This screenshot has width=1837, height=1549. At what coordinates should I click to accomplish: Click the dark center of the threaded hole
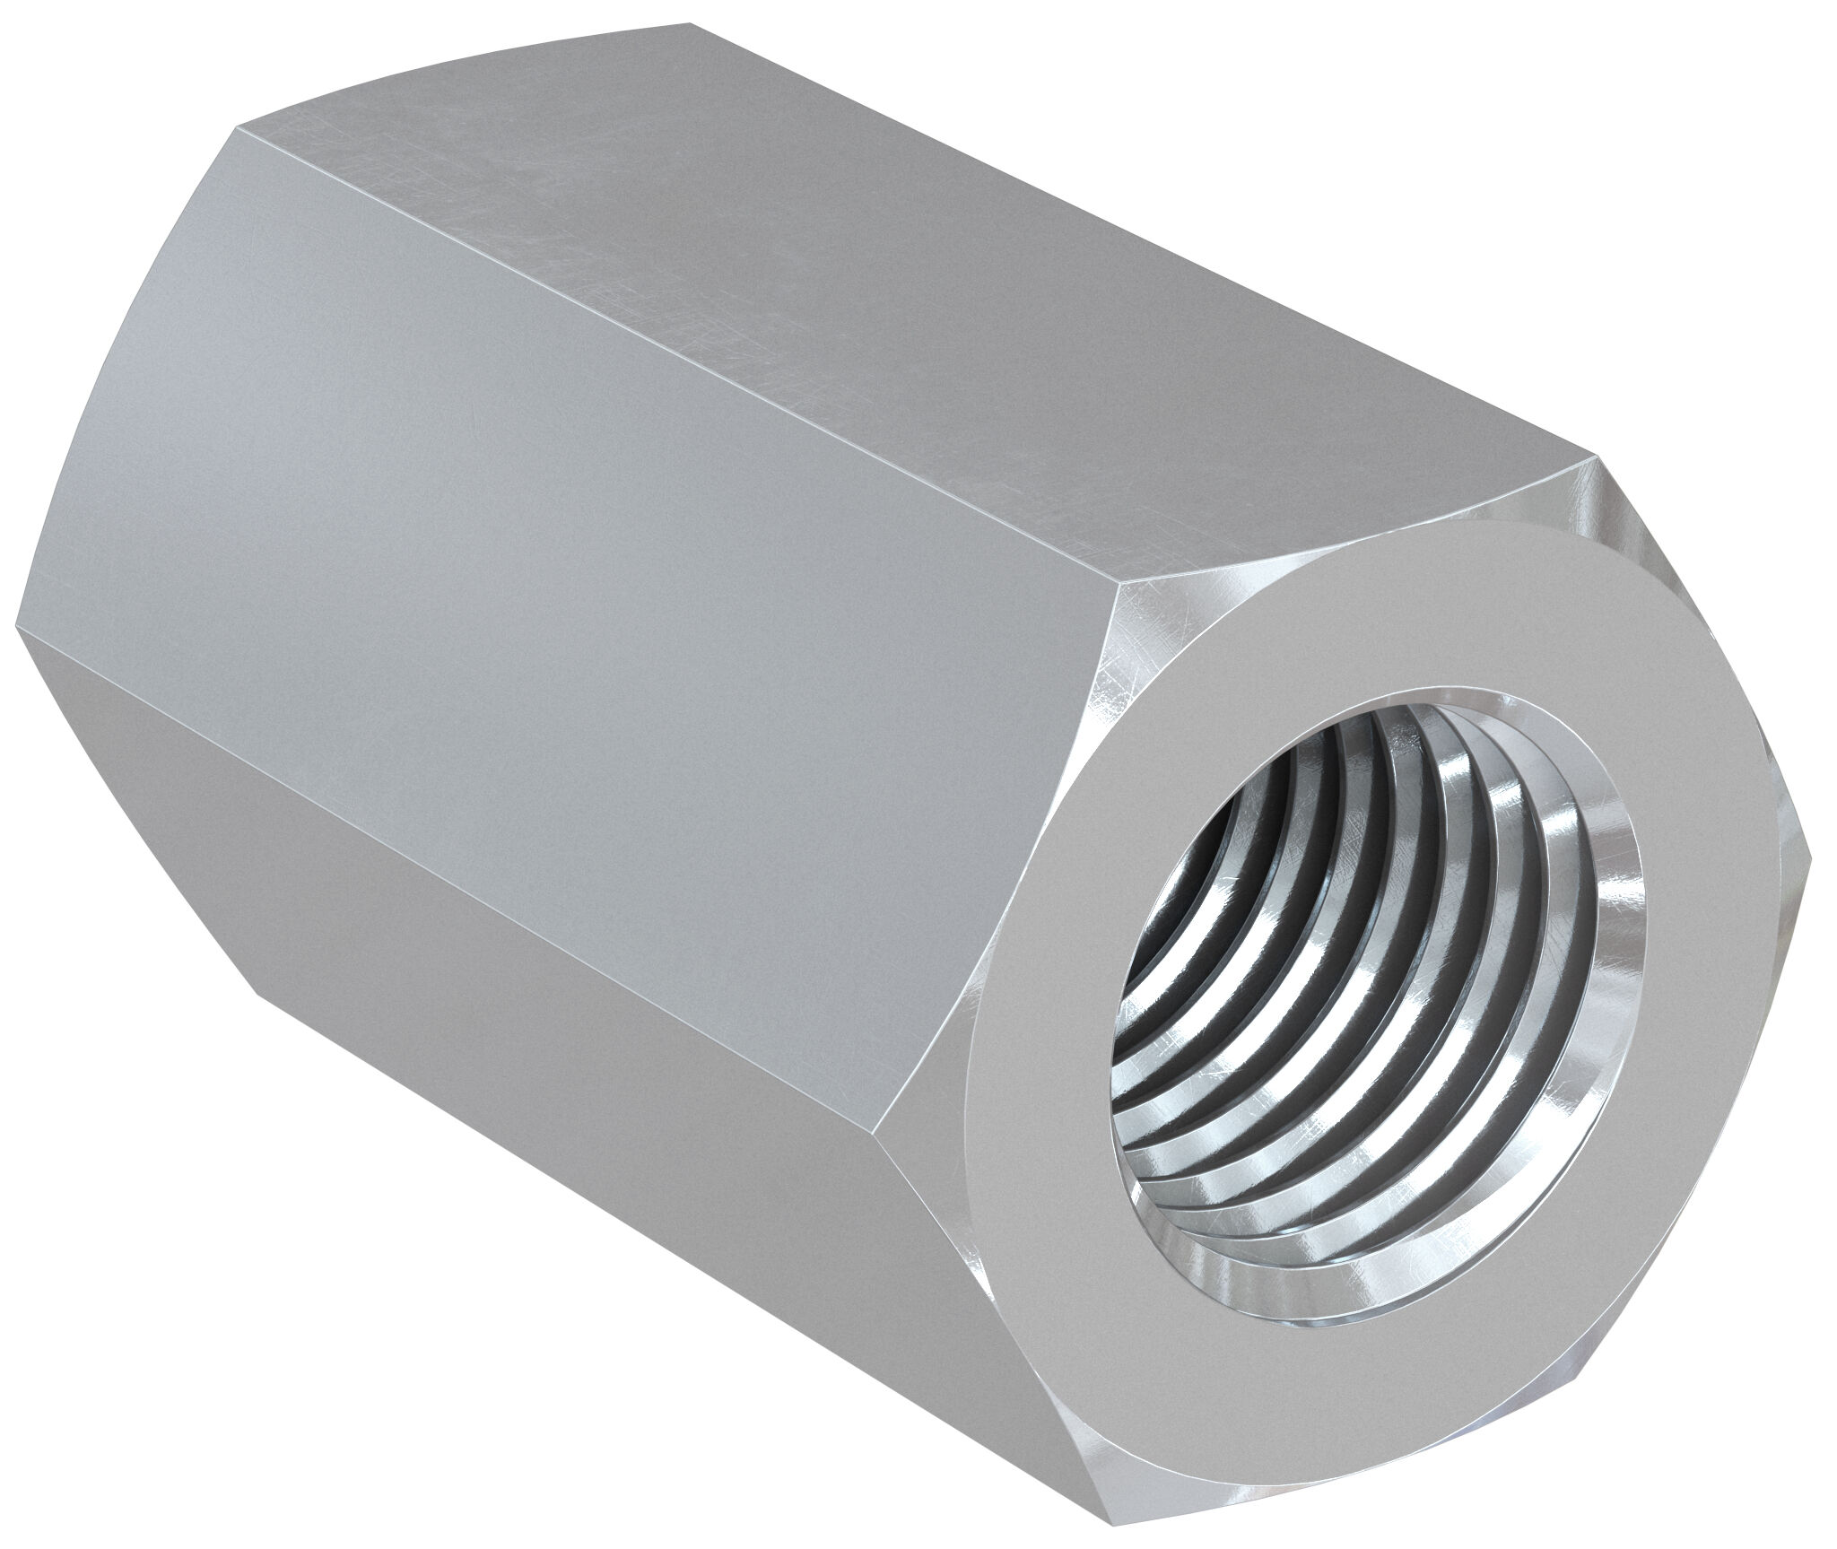(x=1256, y=897)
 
